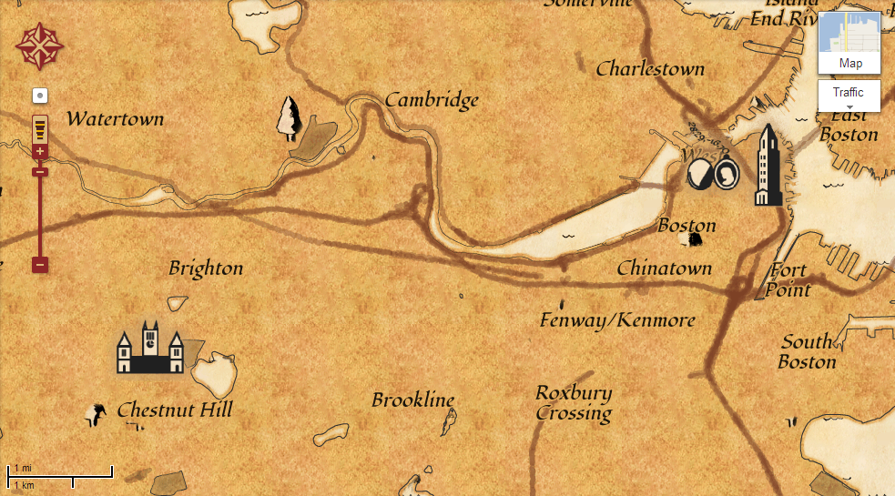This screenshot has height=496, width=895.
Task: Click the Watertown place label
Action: click(x=115, y=118)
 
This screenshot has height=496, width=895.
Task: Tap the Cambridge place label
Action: click(x=432, y=99)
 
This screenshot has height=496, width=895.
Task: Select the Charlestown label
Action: click(x=650, y=69)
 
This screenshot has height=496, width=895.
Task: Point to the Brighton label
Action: click(x=206, y=268)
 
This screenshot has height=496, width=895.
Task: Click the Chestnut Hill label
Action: click(x=174, y=410)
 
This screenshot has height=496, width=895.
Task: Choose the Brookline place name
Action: click(x=412, y=400)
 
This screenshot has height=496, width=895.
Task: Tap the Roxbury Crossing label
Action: click(x=574, y=402)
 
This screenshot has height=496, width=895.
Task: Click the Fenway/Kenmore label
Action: click(x=617, y=320)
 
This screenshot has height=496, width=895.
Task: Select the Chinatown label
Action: click(x=664, y=268)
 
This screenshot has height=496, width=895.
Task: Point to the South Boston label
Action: click(x=807, y=351)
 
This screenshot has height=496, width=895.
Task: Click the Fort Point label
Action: click(x=788, y=279)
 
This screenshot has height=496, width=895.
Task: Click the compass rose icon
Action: click(x=38, y=46)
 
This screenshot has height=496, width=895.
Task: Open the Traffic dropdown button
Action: click(x=849, y=96)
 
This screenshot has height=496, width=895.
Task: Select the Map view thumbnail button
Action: click(x=849, y=43)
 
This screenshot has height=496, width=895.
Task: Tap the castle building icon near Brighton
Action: click(x=150, y=348)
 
